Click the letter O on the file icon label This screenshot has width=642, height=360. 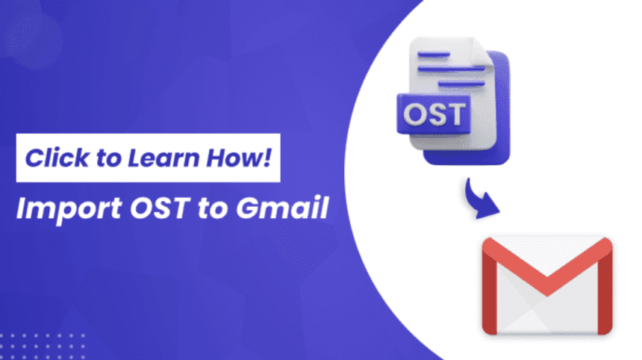pos(417,116)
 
